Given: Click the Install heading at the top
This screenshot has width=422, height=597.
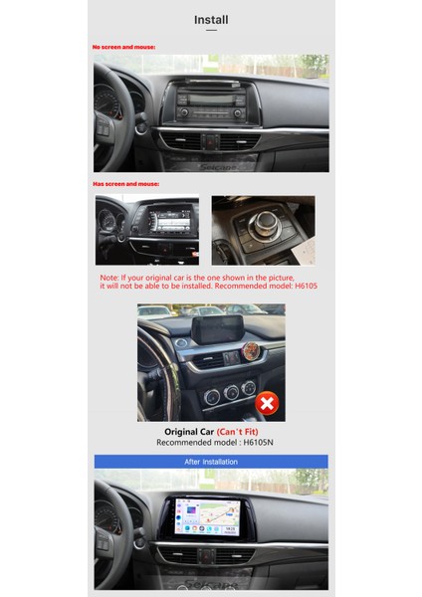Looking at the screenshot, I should click(x=211, y=19).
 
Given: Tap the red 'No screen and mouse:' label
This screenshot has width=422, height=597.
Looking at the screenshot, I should click(x=123, y=47).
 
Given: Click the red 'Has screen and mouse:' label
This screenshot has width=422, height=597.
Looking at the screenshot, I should click(x=125, y=184).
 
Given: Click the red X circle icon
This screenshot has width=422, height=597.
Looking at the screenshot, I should click(x=267, y=403).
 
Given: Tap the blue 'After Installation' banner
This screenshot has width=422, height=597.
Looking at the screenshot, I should click(x=211, y=462).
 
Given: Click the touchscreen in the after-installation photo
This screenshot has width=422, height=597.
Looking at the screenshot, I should click(x=210, y=517).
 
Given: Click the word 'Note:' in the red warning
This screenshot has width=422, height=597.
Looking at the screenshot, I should click(x=109, y=278).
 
